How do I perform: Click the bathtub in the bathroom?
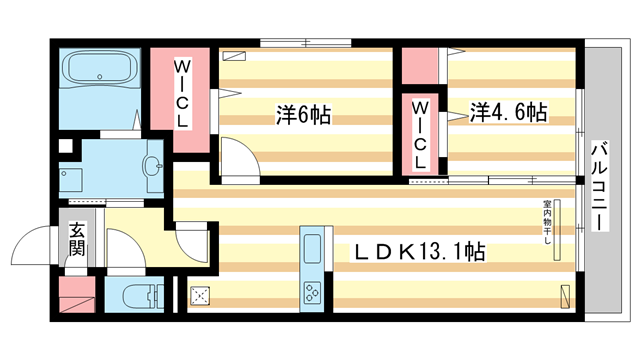pyautogui.click(x=101, y=71)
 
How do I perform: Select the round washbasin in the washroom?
pyautogui.click(x=151, y=167)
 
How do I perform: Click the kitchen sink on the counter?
pyautogui.click(x=310, y=250)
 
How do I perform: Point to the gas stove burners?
pyautogui.click(x=311, y=292)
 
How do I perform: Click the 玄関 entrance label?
pyautogui.click(x=77, y=240)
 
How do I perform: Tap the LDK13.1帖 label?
pyautogui.click(x=421, y=252)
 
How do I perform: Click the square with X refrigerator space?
pyautogui.click(x=200, y=294)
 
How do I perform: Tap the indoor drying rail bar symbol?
pyautogui.click(x=560, y=224)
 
